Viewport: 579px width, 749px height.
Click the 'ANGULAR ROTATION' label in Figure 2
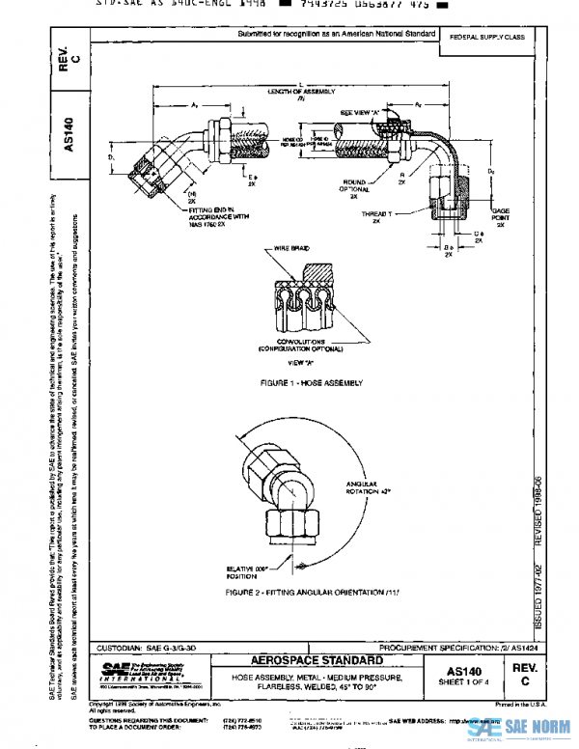point(370,488)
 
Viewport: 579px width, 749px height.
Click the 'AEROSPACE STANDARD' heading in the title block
point(302,660)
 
